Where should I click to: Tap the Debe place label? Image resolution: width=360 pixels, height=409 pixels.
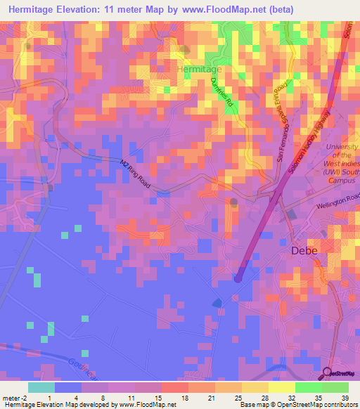pyautogui.click(x=304, y=250)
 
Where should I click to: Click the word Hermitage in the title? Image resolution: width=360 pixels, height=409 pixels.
pyautogui.click(x=38, y=11)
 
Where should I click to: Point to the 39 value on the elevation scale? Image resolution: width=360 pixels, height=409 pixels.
pyautogui.click(x=344, y=398)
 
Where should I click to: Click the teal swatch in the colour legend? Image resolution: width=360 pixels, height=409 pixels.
pyautogui.click(x=41, y=387)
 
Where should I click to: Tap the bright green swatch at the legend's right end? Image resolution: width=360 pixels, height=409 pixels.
pyautogui.click(x=335, y=387)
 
